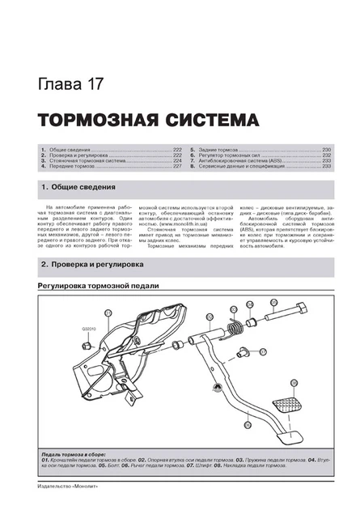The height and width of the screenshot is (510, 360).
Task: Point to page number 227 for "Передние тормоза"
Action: point(176,166)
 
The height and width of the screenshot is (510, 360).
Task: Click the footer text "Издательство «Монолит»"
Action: point(53,489)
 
